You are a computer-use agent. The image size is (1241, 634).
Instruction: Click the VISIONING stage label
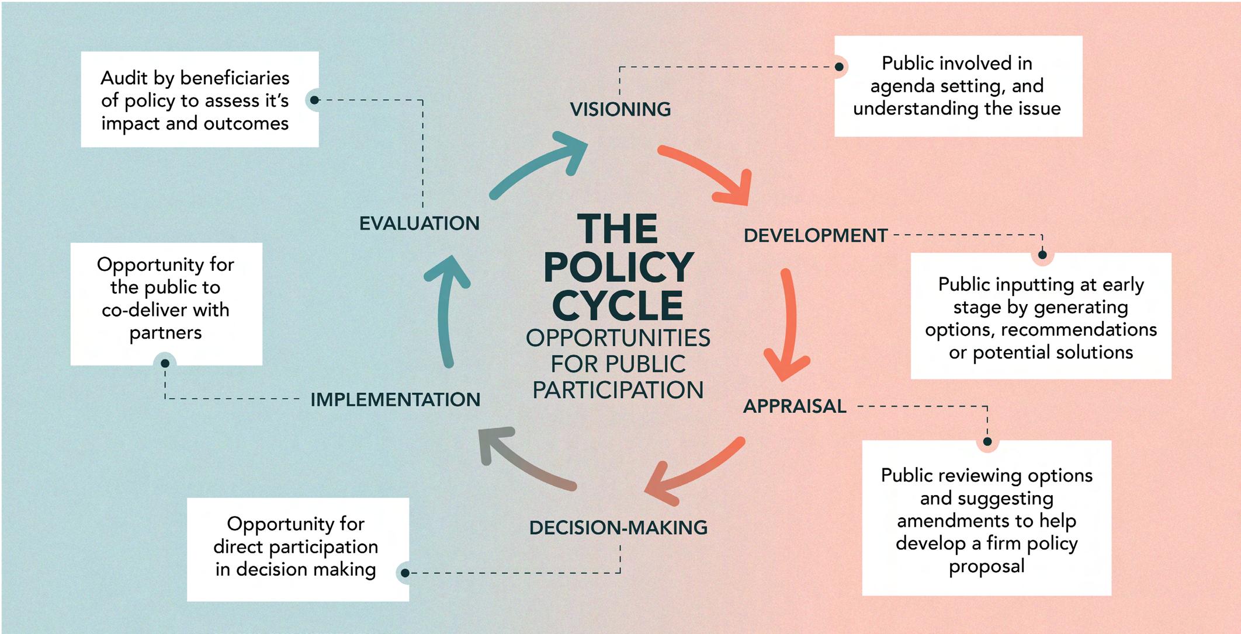coord(620,109)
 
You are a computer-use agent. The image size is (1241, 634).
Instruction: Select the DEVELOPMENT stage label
coord(815,235)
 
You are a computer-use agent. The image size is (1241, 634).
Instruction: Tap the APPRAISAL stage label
coord(794,406)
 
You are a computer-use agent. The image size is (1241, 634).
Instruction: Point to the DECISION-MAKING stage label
coord(618,528)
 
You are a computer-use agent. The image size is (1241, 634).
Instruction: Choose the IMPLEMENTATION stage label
coord(395,399)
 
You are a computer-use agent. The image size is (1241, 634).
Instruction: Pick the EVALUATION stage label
coord(419,223)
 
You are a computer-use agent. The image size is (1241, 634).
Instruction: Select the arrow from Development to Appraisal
coord(789,327)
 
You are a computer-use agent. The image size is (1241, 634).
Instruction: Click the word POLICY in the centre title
coord(618,267)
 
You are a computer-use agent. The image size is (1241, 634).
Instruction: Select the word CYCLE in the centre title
coord(618,306)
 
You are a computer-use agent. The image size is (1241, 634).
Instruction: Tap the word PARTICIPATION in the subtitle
coord(618,390)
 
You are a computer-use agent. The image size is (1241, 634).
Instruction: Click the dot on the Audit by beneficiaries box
coord(314,100)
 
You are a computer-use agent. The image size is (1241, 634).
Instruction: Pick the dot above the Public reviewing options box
coord(987,441)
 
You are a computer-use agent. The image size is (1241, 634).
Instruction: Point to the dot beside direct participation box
coord(405,573)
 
